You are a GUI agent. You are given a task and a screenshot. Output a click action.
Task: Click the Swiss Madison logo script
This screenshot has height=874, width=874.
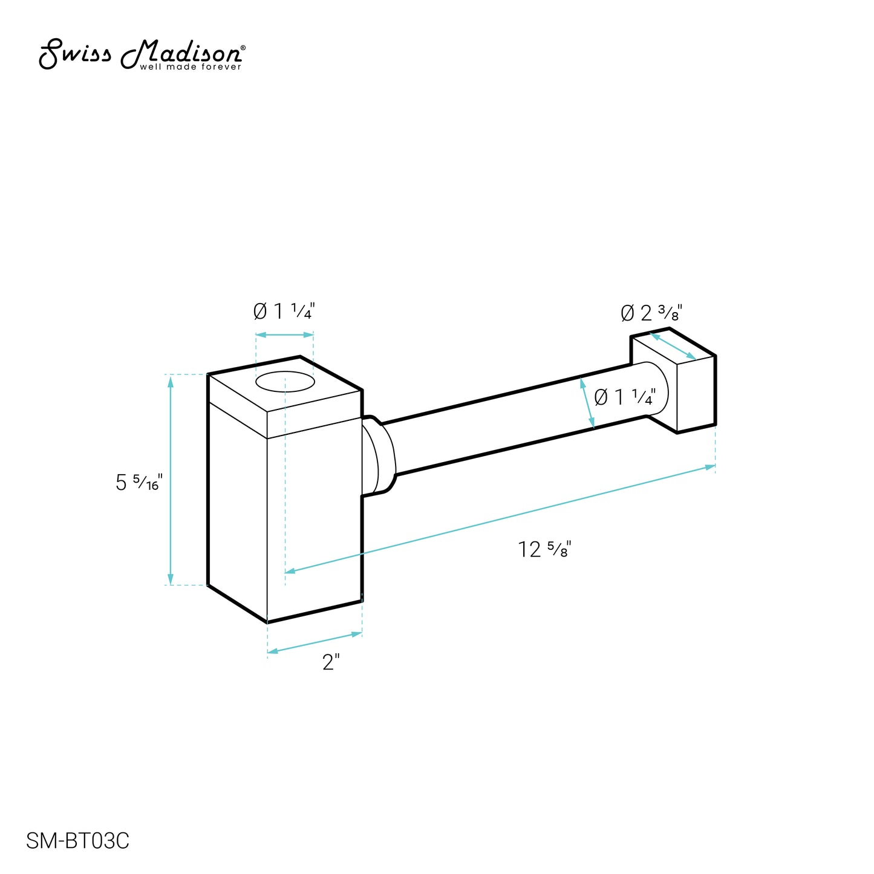142,54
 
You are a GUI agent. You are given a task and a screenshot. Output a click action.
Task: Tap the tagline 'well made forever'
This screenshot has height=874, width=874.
191,67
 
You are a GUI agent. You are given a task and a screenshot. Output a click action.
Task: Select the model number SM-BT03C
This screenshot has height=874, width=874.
77,841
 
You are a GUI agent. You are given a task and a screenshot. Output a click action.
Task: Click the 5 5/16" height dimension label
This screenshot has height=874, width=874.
139,483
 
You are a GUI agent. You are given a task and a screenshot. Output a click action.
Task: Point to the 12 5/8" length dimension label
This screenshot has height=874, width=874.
544,549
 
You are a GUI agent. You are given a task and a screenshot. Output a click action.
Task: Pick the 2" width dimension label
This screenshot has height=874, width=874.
331,662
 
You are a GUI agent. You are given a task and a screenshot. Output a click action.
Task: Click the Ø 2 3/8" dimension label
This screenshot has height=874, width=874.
651,313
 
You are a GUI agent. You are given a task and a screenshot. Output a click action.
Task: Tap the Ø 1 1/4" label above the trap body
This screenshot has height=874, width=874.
284,311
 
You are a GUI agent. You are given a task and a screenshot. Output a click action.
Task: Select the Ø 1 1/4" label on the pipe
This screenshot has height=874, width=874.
625,397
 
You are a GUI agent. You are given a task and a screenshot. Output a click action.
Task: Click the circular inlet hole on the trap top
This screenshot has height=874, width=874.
285,382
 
